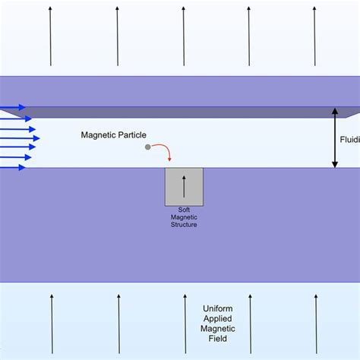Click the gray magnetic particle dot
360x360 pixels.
point(148,147)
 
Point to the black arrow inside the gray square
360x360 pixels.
point(183,186)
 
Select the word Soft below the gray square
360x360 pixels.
point(183,210)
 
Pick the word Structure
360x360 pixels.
point(183,225)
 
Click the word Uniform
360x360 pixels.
point(219,308)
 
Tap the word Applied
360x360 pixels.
point(219,318)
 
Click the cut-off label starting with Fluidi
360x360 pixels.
point(349,139)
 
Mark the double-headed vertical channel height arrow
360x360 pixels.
point(334,137)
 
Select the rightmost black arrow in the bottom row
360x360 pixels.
point(314,323)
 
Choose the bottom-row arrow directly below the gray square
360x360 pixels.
point(183,323)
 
